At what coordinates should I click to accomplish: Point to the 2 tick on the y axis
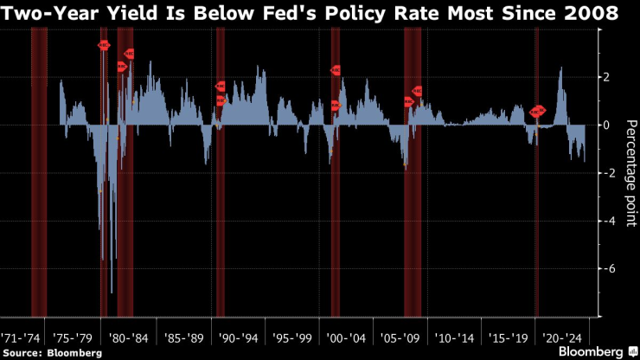coord(608,77)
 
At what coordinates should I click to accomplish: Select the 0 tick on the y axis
coord(608,125)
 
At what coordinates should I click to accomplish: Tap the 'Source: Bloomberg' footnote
coord(53,353)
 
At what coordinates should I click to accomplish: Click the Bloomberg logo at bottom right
coord(596,352)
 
